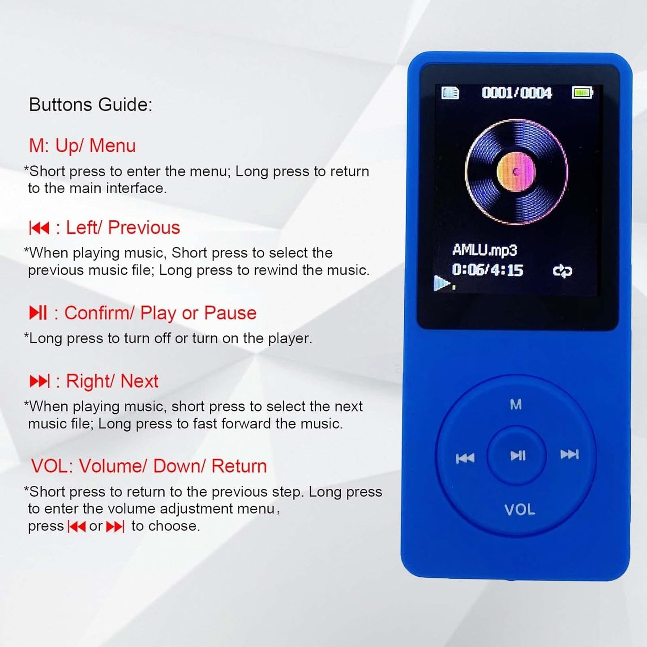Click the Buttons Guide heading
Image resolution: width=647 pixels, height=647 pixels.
(x=90, y=105)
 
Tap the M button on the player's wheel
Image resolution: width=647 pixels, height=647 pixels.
(x=516, y=405)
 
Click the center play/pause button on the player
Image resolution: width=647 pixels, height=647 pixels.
(x=518, y=456)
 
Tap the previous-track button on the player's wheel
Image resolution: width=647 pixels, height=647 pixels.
(x=465, y=458)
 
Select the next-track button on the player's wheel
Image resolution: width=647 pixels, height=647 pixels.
(x=570, y=454)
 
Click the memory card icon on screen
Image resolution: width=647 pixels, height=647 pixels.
(x=450, y=93)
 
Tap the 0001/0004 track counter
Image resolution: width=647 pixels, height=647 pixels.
(x=516, y=93)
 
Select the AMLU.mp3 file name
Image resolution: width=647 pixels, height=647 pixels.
(x=484, y=250)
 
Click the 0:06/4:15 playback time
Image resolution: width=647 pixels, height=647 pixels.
(x=488, y=270)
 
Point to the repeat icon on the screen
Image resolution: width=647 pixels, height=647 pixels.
(x=562, y=271)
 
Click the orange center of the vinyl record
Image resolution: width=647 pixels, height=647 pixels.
(x=516, y=171)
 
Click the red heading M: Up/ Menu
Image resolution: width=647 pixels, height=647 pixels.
(x=82, y=146)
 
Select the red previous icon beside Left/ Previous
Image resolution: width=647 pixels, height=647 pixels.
(x=39, y=228)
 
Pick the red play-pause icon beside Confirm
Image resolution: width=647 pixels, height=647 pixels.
(x=38, y=313)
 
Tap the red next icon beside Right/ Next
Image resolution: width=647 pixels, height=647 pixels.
(x=39, y=381)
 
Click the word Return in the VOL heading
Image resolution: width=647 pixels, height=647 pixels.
(x=239, y=466)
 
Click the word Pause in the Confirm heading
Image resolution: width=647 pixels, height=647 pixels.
(x=230, y=313)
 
